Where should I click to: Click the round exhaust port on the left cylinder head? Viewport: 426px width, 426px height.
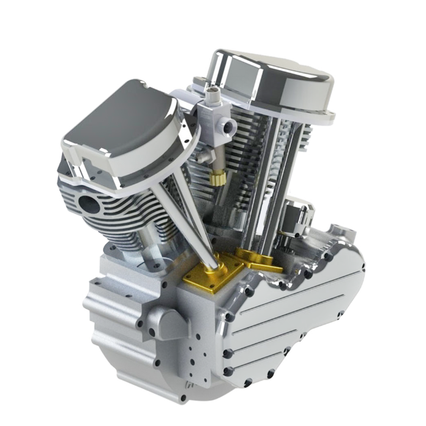coord(90,204)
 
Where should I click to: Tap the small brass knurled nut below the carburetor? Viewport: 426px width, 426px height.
coord(218,178)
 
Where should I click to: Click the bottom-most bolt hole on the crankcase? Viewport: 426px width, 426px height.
coord(184,397)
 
